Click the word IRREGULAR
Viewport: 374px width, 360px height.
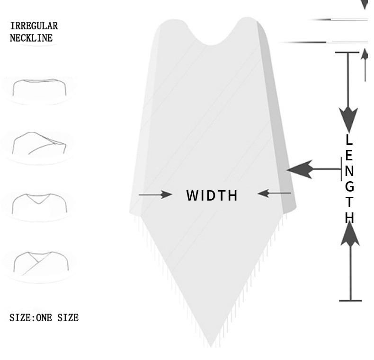click(34, 26)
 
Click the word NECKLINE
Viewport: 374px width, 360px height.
click(31, 38)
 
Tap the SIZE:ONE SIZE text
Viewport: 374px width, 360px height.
click(44, 318)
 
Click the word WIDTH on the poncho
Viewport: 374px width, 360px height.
click(212, 195)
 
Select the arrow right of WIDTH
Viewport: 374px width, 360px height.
click(274, 193)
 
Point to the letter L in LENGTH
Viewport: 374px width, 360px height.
click(349, 140)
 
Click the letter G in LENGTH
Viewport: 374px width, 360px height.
click(349, 186)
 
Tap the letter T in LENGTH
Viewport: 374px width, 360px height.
click(349, 202)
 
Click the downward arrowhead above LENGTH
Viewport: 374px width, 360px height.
click(349, 118)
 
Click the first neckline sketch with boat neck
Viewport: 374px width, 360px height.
click(39, 88)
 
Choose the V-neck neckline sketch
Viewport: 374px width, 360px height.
click(39, 203)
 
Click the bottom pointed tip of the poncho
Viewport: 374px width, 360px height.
click(211, 344)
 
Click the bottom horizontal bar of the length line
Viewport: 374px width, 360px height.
click(350, 300)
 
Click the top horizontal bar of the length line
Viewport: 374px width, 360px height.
click(347, 52)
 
